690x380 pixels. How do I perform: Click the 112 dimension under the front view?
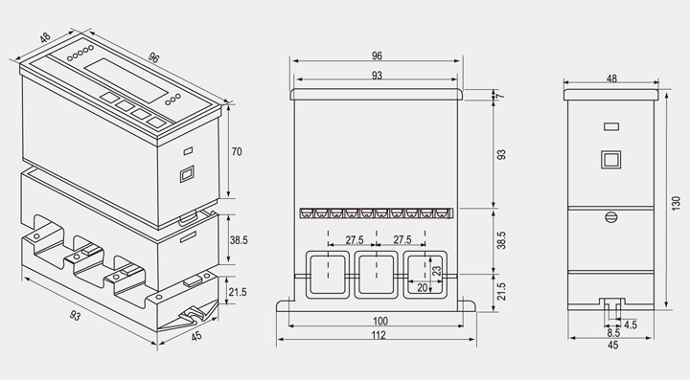click(x=379, y=335)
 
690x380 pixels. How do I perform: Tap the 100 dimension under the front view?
click(x=380, y=321)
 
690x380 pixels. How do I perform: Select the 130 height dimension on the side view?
click(x=676, y=203)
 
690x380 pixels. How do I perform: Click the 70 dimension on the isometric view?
click(x=237, y=151)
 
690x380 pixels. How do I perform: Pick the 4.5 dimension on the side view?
click(x=631, y=324)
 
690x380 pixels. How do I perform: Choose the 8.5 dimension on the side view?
click(x=613, y=333)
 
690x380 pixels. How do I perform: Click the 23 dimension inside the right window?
click(x=437, y=271)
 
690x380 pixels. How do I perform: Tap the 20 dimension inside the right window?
click(x=423, y=288)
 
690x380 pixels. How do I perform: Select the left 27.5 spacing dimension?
click(x=355, y=240)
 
